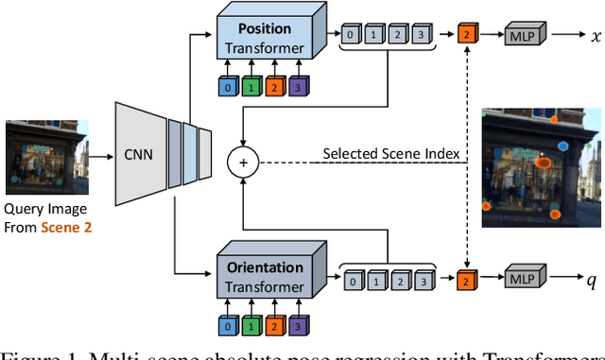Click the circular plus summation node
[x=243, y=163]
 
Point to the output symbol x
[x=595, y=36]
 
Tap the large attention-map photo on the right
[x=540, y=167]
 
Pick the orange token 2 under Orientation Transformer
[x=275, y=327]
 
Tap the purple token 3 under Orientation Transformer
[x=297, y=327]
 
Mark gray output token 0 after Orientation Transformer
[x=353, y=280]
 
